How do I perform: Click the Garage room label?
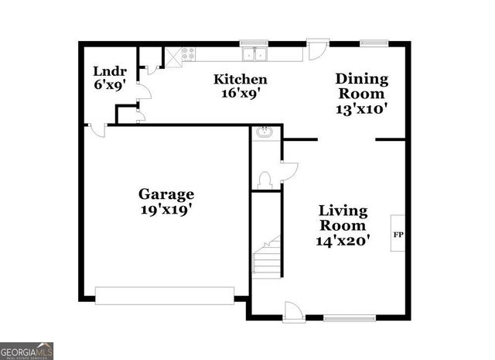[x=166, y=194]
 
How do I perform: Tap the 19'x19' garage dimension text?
[x=166, y=209]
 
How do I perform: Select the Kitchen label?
[x=241, y=79]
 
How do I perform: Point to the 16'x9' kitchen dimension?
[x=241, y=94]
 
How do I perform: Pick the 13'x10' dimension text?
[x=361, y=108]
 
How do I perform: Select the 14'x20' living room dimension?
[x=343, y=241]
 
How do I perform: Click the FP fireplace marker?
[x=398, y=234]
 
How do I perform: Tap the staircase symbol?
[x=266, y=257]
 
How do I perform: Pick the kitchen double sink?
[x=254, y=54]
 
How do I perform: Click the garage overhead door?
[x=164, y=295]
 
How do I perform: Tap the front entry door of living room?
[x=293, y=311]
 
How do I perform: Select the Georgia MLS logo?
[x=27, y=350]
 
